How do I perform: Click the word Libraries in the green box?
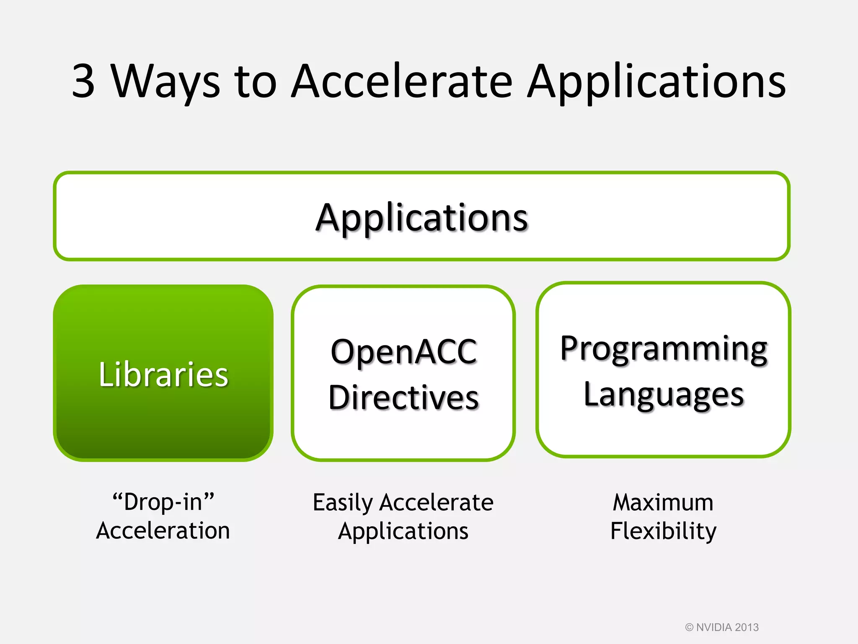pyautogui.click(x=163, y=374)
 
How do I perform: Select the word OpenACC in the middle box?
pyautogui.click(x=403, y=351)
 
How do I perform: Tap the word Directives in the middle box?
pyautogui.click(x=403, y=397)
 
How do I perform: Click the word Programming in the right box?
pyautogui.click(x=664, y=349)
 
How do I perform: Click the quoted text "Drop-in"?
pyautogui.click(x=163, y=501)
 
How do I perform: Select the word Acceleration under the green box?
pyautogui.click(x=163, y=531)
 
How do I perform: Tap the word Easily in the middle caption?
pyautogui.click(x=342, y=502)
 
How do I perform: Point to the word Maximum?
pyautogui.click(x=663, y=502)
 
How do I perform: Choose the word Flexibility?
pyautogui.click(x=663, y=531)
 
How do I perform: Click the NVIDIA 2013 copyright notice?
pyautogui.click(x=727, y=627)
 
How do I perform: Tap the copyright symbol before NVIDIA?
pyautogui.click(x=689, y=628)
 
